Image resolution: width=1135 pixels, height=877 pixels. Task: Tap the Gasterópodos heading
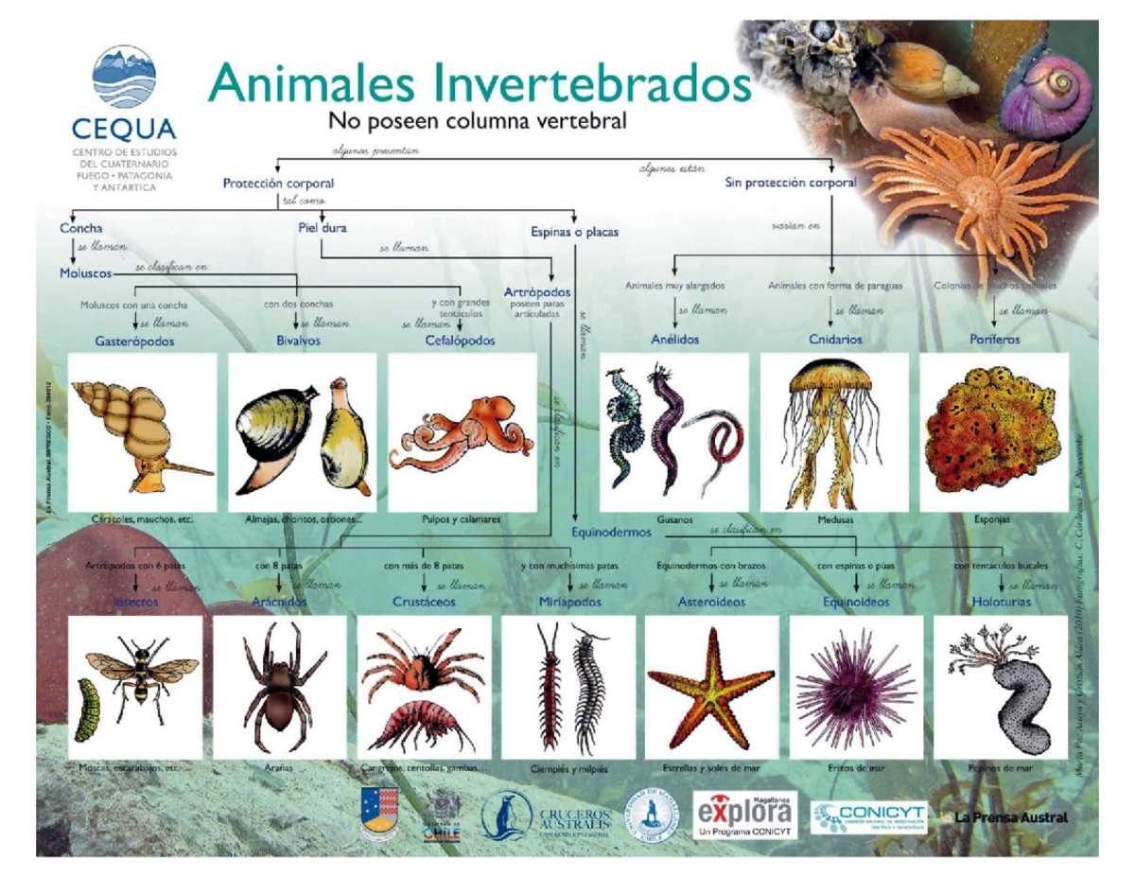(x=134, y=341)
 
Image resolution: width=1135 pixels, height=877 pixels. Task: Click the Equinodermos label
(x=612, y=533)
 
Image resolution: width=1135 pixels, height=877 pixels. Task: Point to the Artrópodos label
(x=537, y=292)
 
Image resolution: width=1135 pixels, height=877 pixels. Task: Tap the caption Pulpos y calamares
(x=462, y=519)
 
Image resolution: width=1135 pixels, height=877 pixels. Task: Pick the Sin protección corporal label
(x=791, y=183)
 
